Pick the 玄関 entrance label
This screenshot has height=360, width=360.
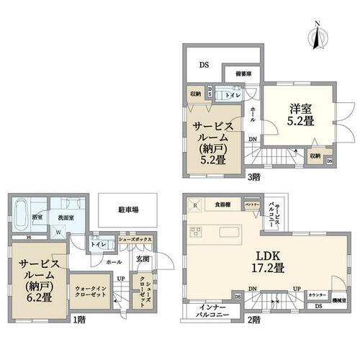pos(142,259)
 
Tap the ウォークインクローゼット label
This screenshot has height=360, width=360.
pos(91,293)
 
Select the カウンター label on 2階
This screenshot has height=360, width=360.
pos(315,295)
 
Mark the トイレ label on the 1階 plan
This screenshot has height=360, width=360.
pos(97,244)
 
